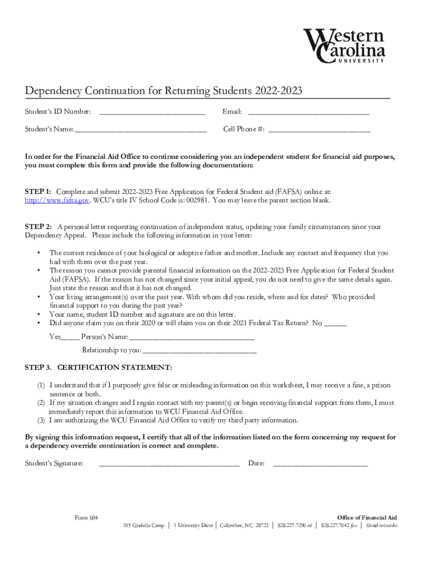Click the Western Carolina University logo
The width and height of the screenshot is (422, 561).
[345, 46]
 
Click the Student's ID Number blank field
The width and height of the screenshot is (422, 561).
[152, 113]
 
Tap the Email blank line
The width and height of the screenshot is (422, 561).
[309, 113]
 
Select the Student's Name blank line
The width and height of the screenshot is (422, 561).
[141, 131]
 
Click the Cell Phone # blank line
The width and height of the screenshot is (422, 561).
[319, 131]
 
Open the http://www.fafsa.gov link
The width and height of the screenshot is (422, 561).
[57, 201]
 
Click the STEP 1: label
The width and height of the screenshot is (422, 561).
[38, 192]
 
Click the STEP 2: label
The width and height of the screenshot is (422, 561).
[38, 227]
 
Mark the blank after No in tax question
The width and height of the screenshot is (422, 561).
[335, 324]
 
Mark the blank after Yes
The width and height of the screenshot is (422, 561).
[70, 338]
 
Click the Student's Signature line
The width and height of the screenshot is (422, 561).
[169, 465]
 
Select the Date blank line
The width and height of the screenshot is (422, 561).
[320, 465]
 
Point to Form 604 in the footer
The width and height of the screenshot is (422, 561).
[86, 518]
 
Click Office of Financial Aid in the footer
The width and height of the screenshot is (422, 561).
[367, 518]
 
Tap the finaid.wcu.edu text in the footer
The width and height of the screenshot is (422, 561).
[381, 526]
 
